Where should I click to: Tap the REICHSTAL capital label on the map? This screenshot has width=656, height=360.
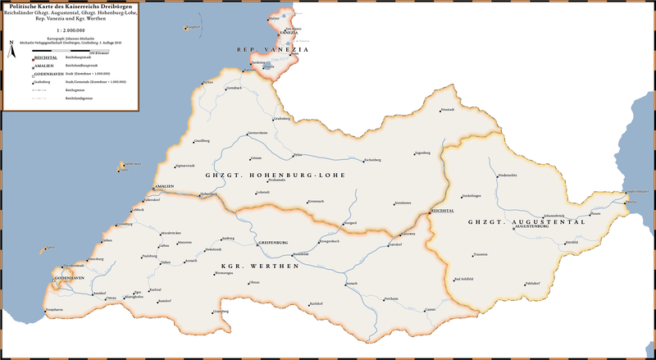443,211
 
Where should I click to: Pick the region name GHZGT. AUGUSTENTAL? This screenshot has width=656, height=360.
526,222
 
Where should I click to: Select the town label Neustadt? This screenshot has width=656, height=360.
447,109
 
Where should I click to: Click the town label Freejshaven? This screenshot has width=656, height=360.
54,309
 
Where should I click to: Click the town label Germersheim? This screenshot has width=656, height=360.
258,132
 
